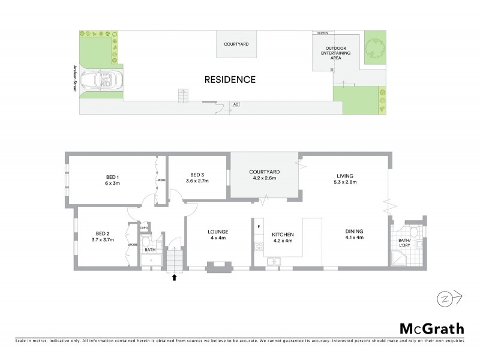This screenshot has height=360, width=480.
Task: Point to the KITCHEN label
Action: coord(282,233)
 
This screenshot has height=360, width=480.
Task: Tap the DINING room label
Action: coord(354,231)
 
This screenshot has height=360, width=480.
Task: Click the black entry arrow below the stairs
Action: coord(175,277)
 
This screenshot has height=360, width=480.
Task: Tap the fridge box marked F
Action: coord(258,227)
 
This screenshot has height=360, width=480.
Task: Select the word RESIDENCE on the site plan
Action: coord(230,79)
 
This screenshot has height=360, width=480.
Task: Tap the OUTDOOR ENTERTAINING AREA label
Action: coord(338,53)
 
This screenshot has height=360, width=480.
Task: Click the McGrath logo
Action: coord(431,328)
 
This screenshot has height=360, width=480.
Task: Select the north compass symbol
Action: coord(445,297)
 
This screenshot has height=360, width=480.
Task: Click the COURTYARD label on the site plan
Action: coord(236,44)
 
